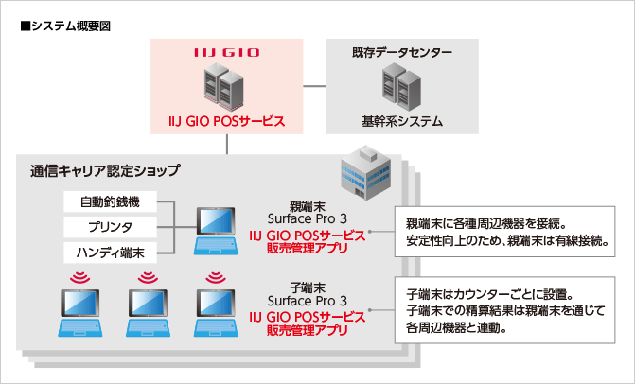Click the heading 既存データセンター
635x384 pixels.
(402, 53)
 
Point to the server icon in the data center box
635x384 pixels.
(402, 86)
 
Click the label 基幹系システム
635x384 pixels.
(402, 122)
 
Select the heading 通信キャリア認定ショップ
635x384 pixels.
(105, 171)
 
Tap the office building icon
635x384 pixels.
(361, 170)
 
